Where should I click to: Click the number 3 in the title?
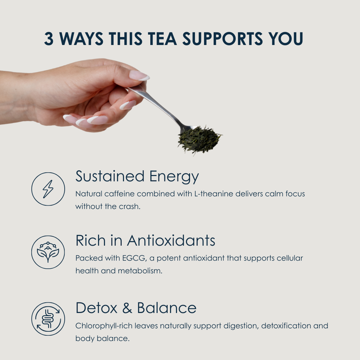click(x=48, y=38)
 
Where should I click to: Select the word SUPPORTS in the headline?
click(x=222, y=38)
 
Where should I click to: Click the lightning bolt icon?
click(x=48, y=189)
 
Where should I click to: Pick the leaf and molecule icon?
click(x=48, y=252)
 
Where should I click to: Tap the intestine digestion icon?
click(x=48, y=318)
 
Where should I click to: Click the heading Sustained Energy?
click(x=137, y=177)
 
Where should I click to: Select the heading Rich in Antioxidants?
click(x=145, y=240)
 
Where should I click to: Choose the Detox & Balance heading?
click(x=136, y=307)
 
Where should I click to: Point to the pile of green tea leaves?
click(x=199, y=139)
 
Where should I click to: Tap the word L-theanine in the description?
click(x=214, y=194)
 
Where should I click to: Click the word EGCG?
click(x=134, y=258)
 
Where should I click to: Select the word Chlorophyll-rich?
click(x=104, y=326)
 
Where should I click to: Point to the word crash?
click(x=129, y=206)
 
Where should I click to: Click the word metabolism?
click(x=140, y=271)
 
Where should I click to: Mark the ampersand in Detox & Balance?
click(x=127, y=308)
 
